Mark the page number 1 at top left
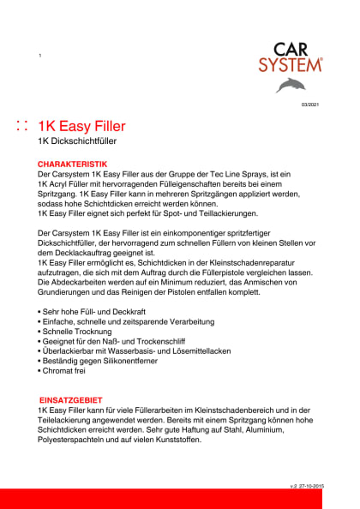click(40, 56)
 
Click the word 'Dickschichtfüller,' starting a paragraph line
click(73, 242)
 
